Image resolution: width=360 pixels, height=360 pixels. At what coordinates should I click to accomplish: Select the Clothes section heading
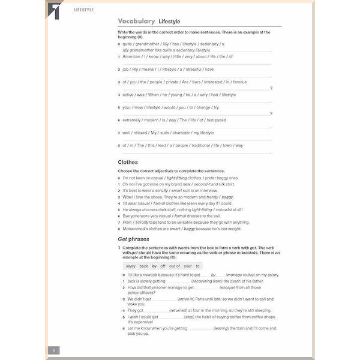point(128,162)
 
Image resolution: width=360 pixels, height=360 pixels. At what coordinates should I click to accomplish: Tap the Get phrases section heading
point(133,239)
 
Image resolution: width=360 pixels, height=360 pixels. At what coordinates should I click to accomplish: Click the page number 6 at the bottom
point(53,350)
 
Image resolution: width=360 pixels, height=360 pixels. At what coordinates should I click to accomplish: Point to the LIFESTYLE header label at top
point(84,10)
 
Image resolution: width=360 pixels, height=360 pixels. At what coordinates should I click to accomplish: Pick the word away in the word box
point(130,266)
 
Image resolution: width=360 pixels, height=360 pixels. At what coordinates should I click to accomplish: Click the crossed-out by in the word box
point(154,266)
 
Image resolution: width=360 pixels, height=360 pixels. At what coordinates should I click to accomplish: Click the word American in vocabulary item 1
point(131,56)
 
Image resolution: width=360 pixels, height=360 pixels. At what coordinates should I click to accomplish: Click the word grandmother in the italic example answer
point(144,50)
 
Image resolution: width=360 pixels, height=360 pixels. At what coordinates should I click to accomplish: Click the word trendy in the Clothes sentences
point(211,196)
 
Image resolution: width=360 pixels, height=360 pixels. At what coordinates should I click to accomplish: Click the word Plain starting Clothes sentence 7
point(127,222)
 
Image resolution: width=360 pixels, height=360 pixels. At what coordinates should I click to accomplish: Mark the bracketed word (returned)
point(179,310)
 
